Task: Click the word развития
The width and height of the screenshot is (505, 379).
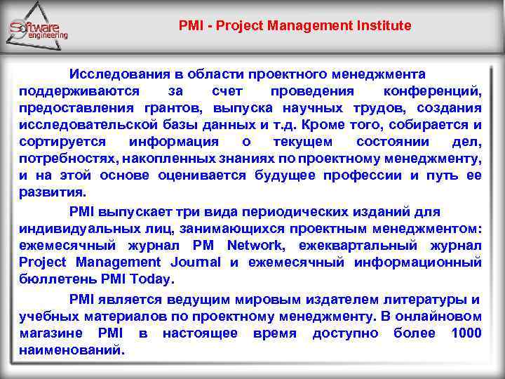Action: [x=53, y=192]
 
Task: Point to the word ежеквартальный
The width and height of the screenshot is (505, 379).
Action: [x=358, y=245]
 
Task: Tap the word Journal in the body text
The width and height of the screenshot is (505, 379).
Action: [x=195, y=262]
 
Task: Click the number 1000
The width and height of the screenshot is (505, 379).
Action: [x=466, y=333]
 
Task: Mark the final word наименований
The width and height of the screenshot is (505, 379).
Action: [x=72, y=350]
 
